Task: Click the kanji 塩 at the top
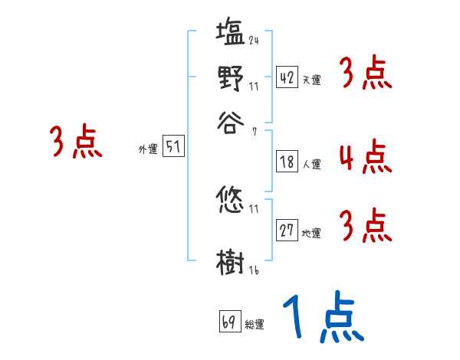230,34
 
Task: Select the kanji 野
230,77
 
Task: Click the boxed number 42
287,77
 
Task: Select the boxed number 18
287,162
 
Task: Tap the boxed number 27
287,231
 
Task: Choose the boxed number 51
173,148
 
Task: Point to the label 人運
311,164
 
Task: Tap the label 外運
147,150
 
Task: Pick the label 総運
255,325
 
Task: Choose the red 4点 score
365,157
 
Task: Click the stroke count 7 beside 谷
254,132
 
